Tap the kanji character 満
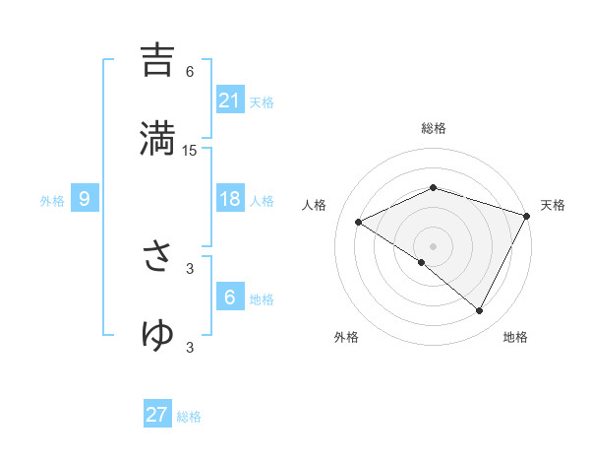click(x=157, y=137)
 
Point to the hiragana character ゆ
click(x=157, y=334)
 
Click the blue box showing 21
click(x=230, y=100)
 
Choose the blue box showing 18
click(x=230, y=199)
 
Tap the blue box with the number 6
click(x=230, y=298)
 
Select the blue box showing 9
click(x=85, y=200)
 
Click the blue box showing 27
click(x=157, y=415)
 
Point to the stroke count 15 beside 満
click(x=190, y=150)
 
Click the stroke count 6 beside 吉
click(x=190, y=71)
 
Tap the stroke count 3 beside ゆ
click(x=190, y=347)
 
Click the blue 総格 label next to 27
click(x=190, y=417)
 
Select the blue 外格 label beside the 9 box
click(x=52, y=201)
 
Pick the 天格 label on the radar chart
click(x=553, y=205)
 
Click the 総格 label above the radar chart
click(x=433, y=128)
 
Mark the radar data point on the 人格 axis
click(x=359, y=222)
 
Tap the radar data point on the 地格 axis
click(x=479, y=310)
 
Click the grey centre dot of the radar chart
click(x=433, y=245)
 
